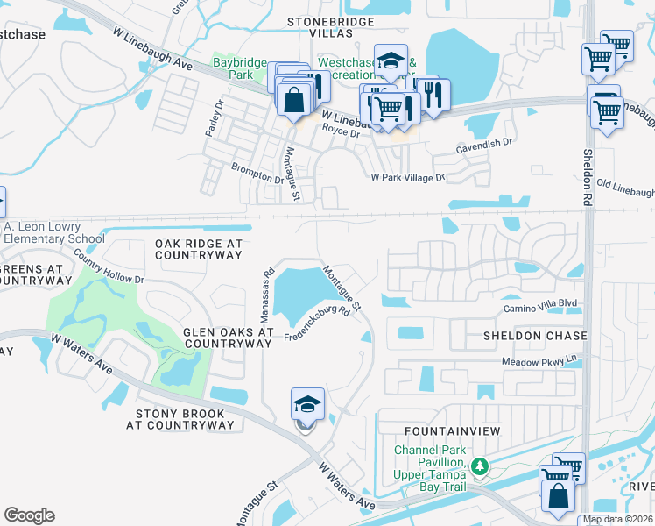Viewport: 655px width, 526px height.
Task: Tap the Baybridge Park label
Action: [x=240, y=69]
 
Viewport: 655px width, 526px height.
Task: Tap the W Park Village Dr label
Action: [x=408, y=177]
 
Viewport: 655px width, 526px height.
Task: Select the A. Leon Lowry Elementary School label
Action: [x=53, y=232]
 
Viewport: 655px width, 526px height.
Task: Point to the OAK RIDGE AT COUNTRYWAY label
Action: [x=198, y=249]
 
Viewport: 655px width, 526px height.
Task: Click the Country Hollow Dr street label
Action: [x=109, y=267]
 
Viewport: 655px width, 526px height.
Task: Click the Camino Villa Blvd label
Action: [x=540, y=308]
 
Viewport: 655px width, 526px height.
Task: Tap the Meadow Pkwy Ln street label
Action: [x=540, y=361]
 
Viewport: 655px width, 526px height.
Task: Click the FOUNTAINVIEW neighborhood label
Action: [x=452, y=431]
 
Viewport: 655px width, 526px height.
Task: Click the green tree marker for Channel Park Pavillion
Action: [x=479, y=466]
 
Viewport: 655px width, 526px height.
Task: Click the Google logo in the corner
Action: [x=29, y=515]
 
